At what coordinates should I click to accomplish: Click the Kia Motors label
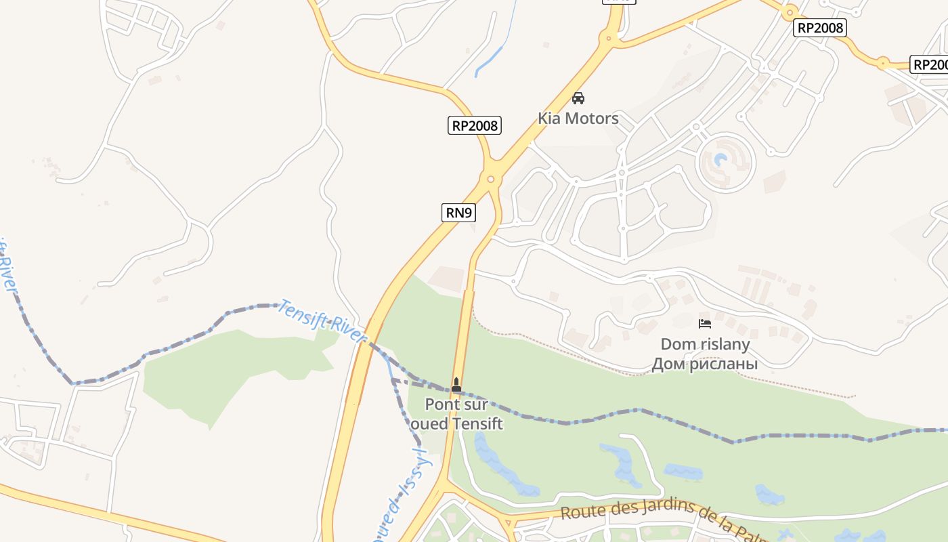tap(578, 119)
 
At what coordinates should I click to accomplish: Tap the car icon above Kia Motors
tap(578, 98)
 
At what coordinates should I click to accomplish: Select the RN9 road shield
tap(459, 213)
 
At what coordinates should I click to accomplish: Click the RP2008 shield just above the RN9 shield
tap(475, 125)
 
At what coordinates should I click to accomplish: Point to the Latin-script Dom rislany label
tap(705, 344)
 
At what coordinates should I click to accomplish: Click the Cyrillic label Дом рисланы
tap(704, 364)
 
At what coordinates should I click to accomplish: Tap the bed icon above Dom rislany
tap(704, 324)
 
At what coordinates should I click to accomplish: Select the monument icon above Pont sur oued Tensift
tap(456, 385)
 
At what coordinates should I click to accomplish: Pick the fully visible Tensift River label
tap(322, 316)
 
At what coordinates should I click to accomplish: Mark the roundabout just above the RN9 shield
tap(491, 180)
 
